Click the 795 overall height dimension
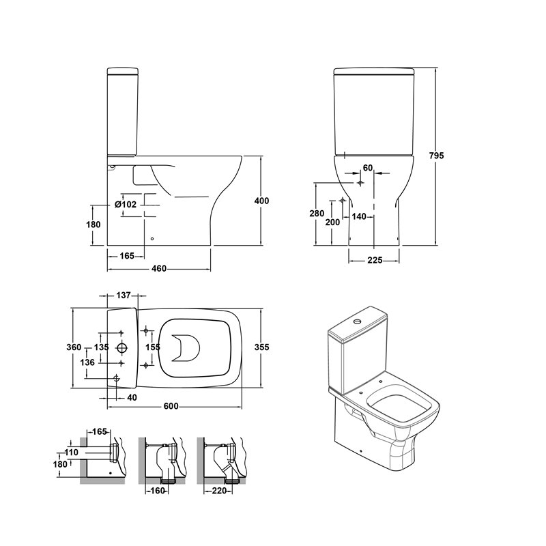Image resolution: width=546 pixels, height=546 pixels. point(436,156)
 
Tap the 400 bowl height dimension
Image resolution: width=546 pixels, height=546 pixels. point(262,201)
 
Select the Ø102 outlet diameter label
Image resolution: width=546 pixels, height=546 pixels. point(126,204)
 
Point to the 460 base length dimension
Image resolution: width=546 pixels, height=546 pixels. point(159,269)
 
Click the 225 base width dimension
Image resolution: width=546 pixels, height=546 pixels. point(375,260)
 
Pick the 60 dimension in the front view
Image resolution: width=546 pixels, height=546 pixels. point(368,168)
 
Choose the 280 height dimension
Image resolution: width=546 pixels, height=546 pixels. point(317,214)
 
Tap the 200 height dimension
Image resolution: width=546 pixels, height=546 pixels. point(332,222)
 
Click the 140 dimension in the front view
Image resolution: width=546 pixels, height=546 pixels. point(359,216)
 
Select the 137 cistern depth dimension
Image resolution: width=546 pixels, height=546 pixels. point(124,296)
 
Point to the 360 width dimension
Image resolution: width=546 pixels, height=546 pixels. point(74,347)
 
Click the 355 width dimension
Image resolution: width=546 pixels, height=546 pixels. point(262,347)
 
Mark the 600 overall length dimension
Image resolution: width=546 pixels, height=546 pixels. point(171,406)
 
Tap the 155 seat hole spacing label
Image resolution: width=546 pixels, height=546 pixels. point(153,347)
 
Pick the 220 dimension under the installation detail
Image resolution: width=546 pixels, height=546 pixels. point(219,491)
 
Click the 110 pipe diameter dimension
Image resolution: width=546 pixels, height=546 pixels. point(72,452)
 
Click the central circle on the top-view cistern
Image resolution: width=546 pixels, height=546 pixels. point(122,347)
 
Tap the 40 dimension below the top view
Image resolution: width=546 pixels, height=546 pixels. point(132,398)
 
